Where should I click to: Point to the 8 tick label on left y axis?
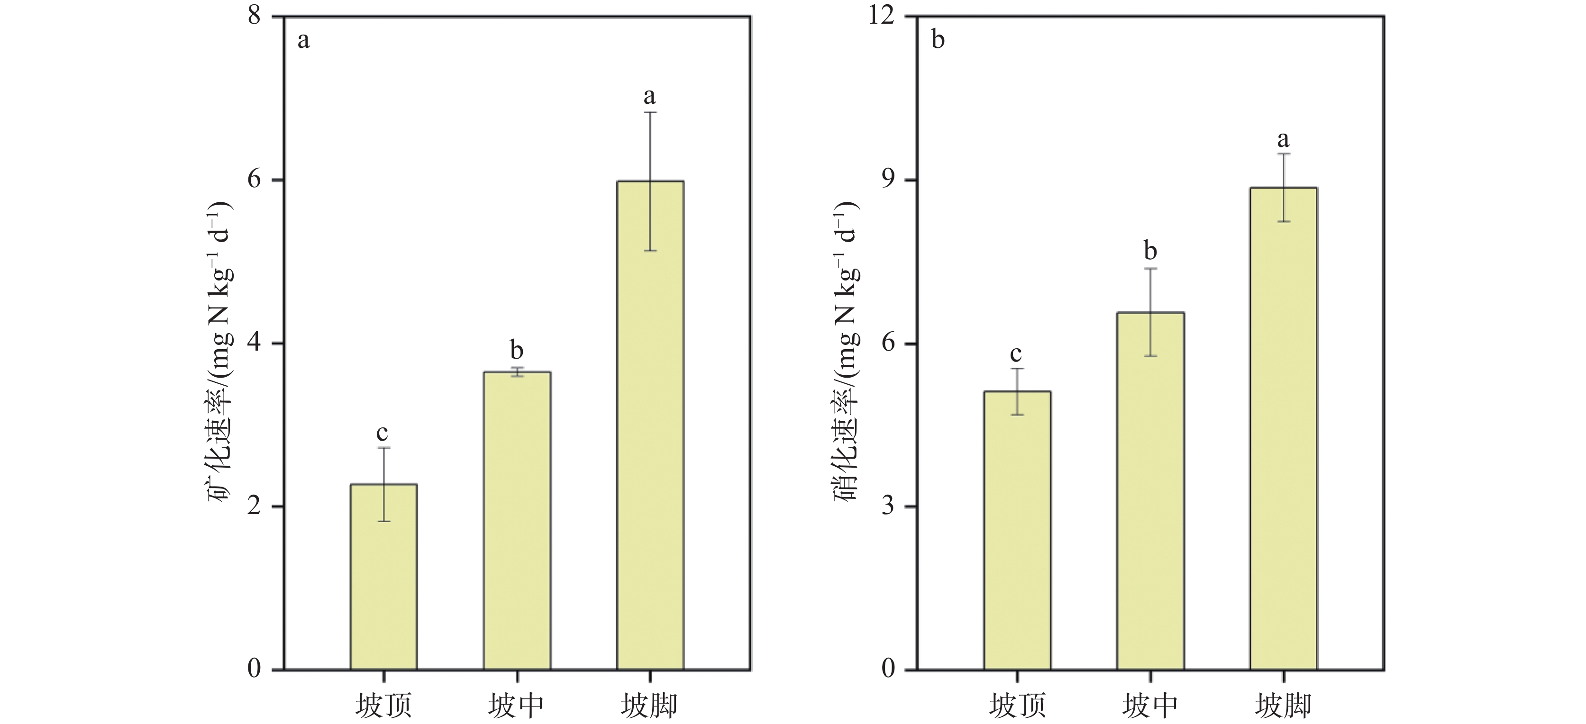point(254,15)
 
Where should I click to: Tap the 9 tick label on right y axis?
point(888,180)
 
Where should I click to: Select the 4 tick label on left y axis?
point(254,343)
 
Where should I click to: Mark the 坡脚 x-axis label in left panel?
point(649,705)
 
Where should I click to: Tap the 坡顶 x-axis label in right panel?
point(1017,705)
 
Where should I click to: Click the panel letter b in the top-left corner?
point(938,40)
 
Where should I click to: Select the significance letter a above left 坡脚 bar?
point(649,97)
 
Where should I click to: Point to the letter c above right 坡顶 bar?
point(1016,354)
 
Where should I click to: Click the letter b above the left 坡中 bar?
point(517,350)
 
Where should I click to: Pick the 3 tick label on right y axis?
point(888,506)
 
